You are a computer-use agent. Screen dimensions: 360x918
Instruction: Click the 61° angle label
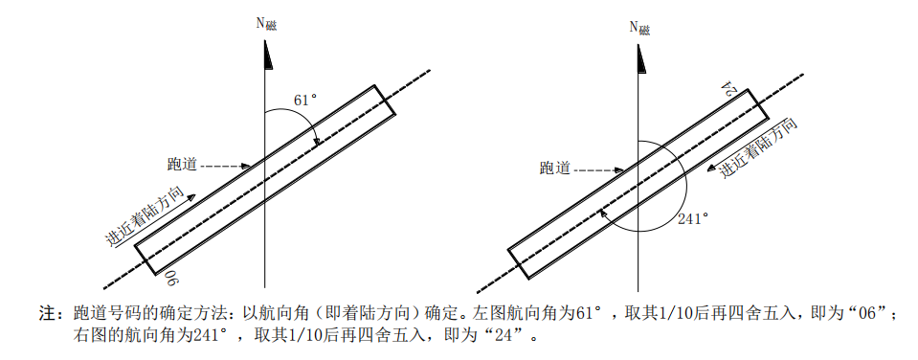(305, 100)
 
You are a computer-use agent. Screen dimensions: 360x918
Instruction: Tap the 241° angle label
(693, 218)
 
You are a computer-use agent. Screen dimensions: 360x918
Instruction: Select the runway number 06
(169, 278)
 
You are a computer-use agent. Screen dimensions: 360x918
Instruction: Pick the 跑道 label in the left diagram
(182, 164)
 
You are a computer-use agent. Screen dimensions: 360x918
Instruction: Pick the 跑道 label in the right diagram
(555, 169)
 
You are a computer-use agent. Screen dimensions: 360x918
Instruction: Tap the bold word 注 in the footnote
(45, 313)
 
